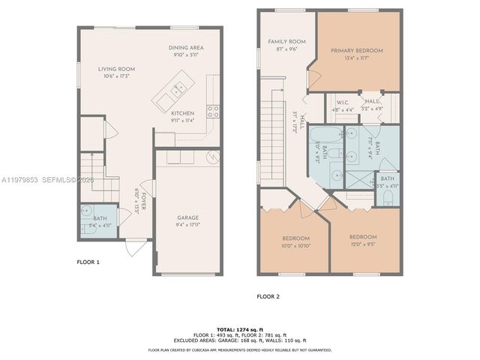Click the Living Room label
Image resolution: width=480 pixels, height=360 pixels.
pos(116,69)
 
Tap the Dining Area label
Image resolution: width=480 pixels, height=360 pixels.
pos(186,47)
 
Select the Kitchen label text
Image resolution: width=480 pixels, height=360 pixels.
pos(182,113)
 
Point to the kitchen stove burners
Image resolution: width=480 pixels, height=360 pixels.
pos(213,111)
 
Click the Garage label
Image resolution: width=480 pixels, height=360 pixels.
pos(187,217)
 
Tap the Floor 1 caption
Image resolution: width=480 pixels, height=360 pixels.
pos(88,262)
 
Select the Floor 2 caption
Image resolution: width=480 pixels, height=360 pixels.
pos(268,296)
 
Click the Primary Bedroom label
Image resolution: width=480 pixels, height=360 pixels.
pos(357,51)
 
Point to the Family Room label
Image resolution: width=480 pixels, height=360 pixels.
pos(282,41)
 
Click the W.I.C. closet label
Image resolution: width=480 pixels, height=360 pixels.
pos(343,102)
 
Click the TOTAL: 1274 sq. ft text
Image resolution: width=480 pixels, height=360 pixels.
pos(240,329)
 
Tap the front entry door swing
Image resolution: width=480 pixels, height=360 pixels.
pos(135,247)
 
